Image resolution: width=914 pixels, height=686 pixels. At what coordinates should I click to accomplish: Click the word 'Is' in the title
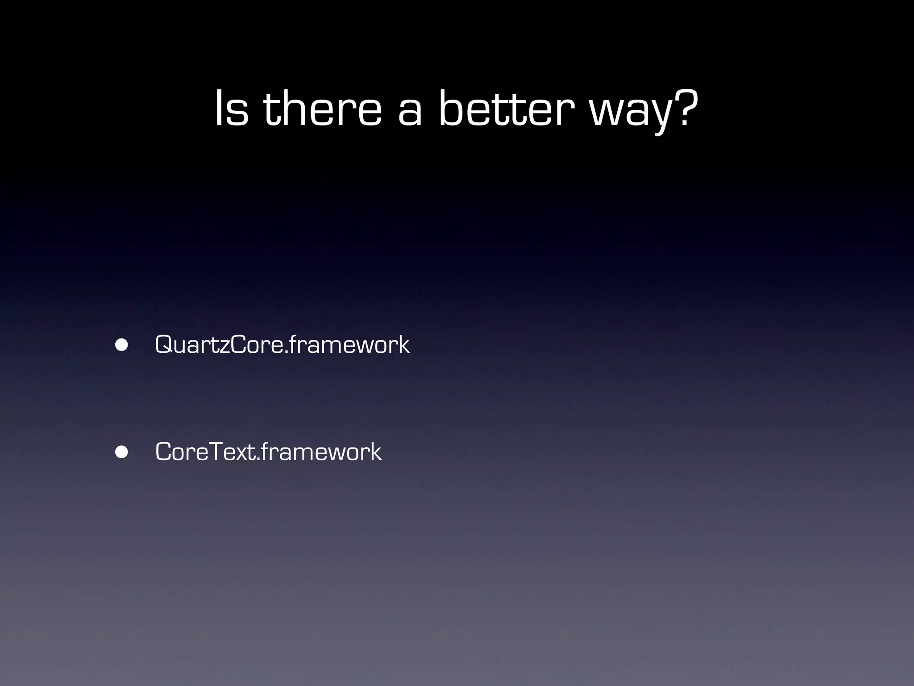[231, 109]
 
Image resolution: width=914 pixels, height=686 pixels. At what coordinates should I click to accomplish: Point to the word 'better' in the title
[506, 109]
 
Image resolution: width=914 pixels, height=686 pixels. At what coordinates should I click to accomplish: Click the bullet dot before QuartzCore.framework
[121, 345]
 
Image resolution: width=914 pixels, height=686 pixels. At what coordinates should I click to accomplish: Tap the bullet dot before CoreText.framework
[121, 452]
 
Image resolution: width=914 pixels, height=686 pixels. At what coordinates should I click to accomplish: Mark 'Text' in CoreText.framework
[233, 452]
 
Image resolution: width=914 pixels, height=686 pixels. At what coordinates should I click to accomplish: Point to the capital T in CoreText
[217, 452]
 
